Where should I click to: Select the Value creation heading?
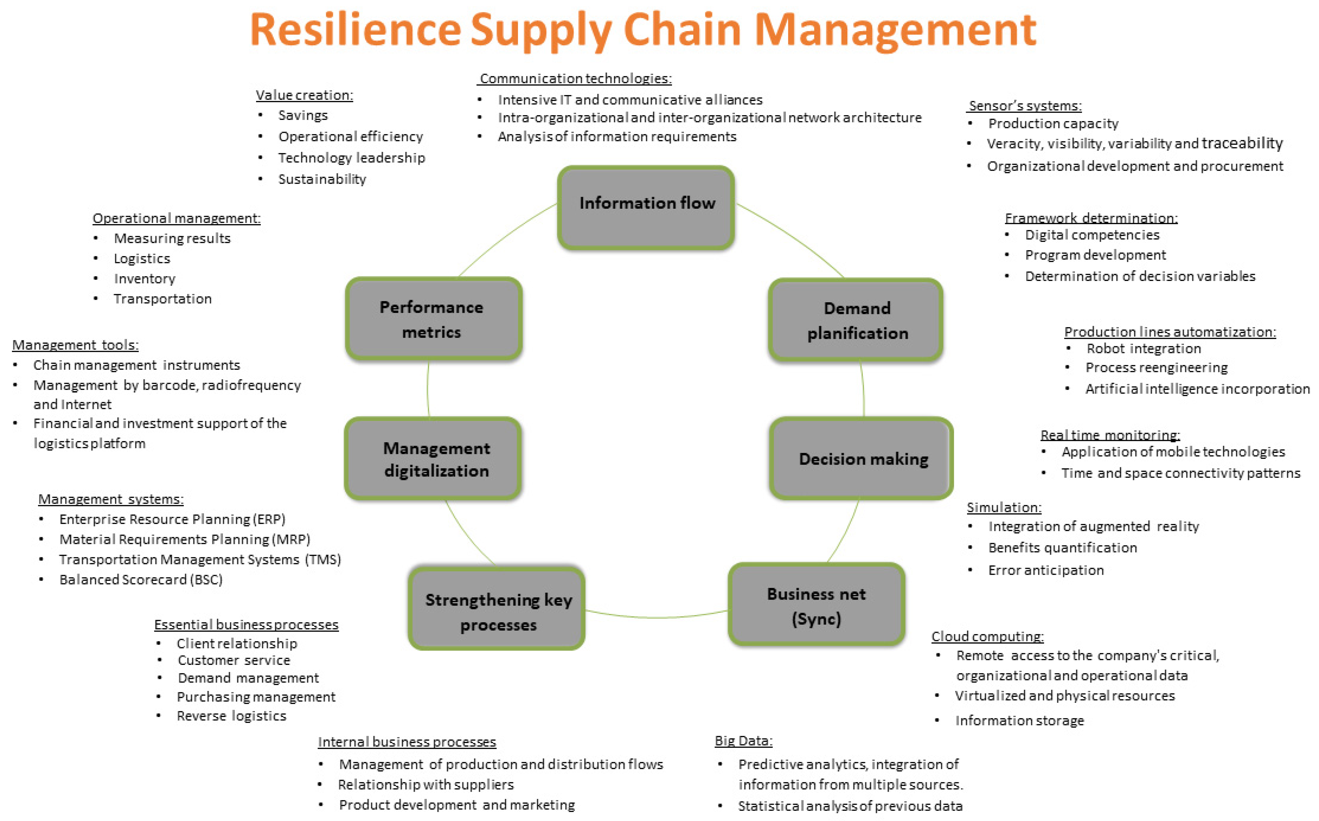coord(304,95)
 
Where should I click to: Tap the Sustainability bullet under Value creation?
coord(322,179)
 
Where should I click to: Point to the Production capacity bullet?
coord(1053,124)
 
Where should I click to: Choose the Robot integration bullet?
coord(1143,349)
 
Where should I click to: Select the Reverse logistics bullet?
coord(231,716)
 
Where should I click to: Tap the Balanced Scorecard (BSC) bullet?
coord(141,580)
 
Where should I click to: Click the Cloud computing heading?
coord(987,636)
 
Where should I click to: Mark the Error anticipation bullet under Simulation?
coord(1046,570)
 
